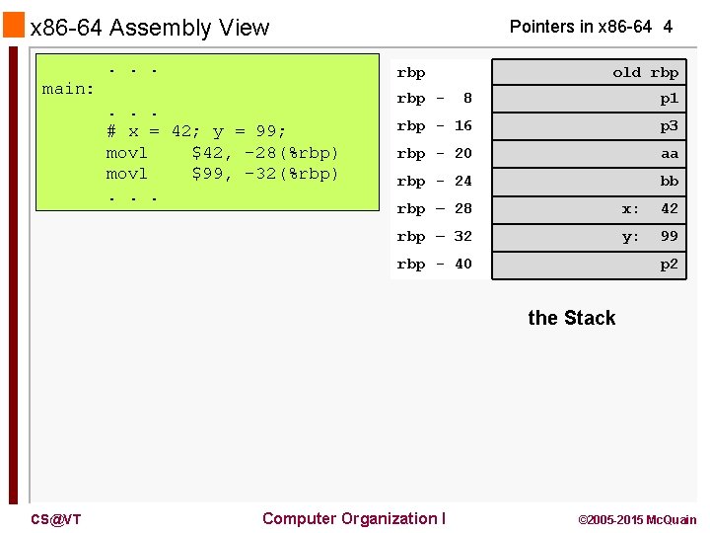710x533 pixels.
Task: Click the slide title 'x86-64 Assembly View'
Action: tap(150, 28)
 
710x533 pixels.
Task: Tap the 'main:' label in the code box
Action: tap(68, 89)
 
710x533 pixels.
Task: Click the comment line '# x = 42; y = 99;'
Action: tap(196, 131)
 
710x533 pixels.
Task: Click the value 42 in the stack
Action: tap(670, 209)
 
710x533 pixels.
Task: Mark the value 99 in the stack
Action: tap(670, 237)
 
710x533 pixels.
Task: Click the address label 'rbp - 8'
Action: tap(435, 99)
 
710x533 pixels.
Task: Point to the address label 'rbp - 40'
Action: tap(435, 265)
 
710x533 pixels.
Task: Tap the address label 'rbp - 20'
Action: tap(435, 154)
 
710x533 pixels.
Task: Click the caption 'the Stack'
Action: tap(572, 318)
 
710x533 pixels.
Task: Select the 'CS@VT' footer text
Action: tap(55, 519)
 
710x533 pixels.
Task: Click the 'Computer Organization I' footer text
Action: tap(354, 518)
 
